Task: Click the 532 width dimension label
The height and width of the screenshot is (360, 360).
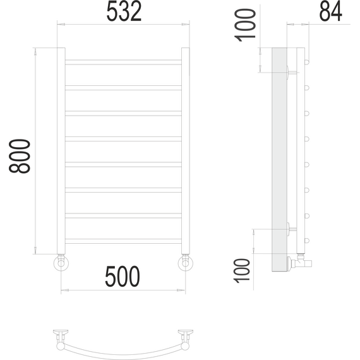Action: (123, 12)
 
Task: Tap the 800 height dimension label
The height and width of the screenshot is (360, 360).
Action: (21, 155)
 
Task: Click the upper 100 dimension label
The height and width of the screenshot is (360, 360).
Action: (248, 25)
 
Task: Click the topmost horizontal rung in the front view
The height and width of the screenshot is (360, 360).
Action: (123, 61)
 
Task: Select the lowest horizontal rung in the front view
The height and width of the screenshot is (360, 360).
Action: (123, 240)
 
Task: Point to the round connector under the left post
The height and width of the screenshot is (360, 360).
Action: (61, 263)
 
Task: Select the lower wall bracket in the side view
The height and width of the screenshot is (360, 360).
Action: (291, 229)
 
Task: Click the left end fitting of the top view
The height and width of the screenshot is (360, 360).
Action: (61, 334)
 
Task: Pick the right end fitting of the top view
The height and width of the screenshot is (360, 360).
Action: (186, 334)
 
